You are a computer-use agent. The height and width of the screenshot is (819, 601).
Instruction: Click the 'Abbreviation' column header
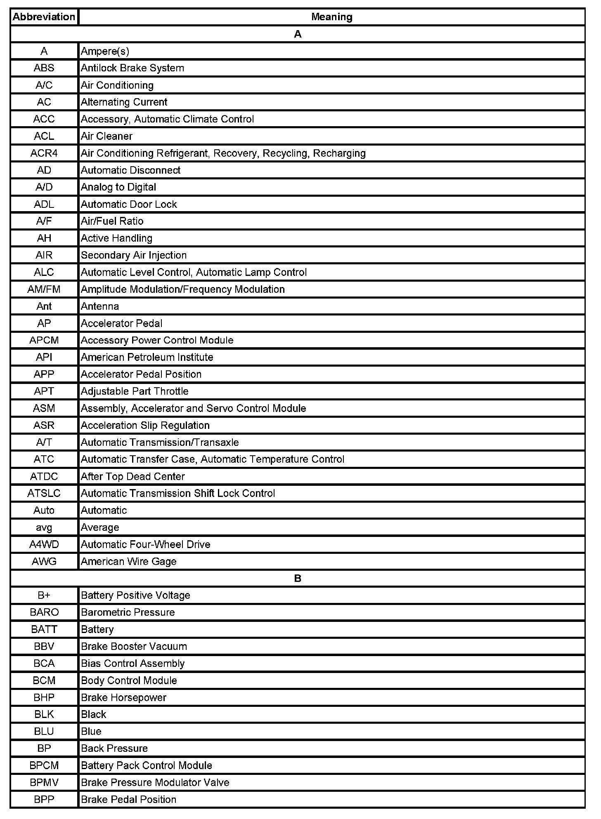click(44, 17)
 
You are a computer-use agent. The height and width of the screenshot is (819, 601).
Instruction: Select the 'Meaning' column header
click(331, 17)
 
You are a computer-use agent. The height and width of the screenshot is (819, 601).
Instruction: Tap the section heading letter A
click(297, 34)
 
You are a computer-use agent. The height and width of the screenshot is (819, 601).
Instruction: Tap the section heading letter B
click(297, 578)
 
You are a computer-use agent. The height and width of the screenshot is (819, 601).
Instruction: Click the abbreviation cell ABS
click(44, 68)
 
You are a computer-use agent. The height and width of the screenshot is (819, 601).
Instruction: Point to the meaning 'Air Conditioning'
click(117, 85)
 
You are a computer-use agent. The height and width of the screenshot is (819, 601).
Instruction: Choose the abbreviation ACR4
click(44, 153)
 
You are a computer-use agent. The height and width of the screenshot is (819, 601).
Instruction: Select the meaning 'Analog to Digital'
click(118, 187)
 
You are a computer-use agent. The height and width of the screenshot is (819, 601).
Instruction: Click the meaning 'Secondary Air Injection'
click(134, 255)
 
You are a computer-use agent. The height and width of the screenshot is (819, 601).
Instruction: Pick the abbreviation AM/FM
click(44, 289)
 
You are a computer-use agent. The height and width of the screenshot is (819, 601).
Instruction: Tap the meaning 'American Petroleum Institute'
click(147, 357)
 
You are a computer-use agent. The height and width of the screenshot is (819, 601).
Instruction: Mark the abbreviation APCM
click(44, 340)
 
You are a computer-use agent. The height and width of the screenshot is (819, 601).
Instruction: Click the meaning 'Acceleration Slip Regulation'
click(145, 425)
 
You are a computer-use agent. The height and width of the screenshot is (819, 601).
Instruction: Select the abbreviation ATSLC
click(44, 493)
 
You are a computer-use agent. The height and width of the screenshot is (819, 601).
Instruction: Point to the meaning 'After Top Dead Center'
click(133, 476)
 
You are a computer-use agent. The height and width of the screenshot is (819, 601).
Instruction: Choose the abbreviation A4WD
click(44, 544)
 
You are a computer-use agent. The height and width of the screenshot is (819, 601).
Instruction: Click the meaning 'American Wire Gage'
click(129, 561)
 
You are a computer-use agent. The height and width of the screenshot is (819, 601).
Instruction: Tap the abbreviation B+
click(44, 595)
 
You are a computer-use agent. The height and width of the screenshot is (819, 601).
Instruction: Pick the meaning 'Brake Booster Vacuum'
click(134, 646)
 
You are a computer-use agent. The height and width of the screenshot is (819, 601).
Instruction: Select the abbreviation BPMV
click(44, 782)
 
